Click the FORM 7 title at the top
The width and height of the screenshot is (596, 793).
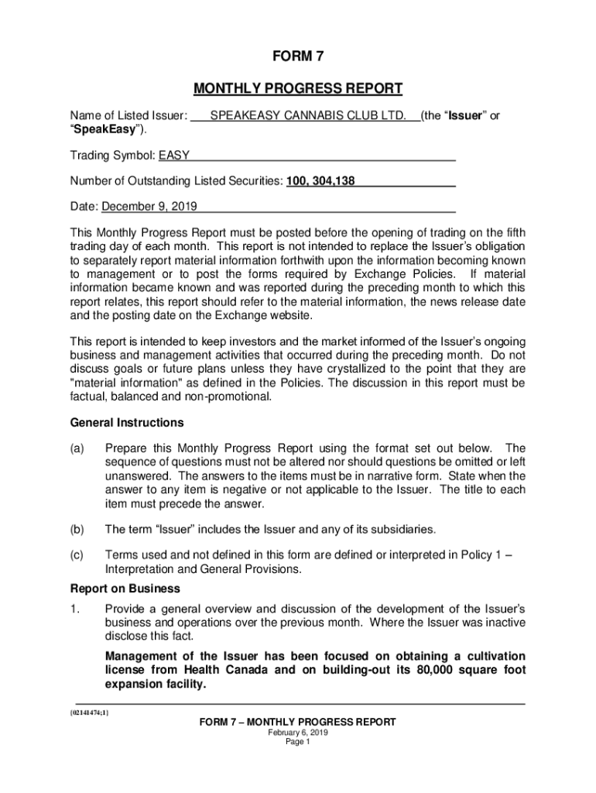click(298, 57)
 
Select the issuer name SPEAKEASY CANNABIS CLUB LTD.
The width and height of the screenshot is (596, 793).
click(307, 115)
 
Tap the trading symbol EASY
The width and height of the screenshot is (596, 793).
click(174, 156)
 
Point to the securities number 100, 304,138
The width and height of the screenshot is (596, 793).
click(320, 181)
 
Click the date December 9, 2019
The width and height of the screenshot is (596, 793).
click(149, 207)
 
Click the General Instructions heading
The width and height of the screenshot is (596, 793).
click(127, 423)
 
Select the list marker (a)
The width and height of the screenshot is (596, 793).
click(77, 448)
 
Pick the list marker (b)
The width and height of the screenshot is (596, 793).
click(77, 530)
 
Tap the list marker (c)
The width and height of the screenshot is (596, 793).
click(77, 555)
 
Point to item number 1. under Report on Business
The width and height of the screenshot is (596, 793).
click(75, 609)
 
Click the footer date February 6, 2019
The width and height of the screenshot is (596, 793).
click(297, 732)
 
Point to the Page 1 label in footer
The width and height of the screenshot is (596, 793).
click(297, 741)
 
